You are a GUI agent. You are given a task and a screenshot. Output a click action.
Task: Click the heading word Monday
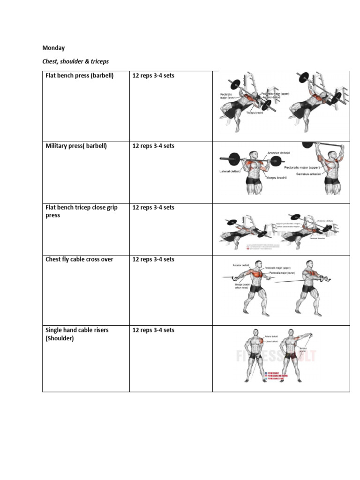click(x=53, y=48)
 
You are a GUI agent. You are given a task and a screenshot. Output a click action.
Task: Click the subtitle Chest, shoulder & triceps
click(x=75, y=61)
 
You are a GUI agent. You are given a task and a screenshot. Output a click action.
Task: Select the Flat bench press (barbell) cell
click(x=79, y=75)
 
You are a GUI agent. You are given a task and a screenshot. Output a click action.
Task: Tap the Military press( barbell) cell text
click(x=76, y=146)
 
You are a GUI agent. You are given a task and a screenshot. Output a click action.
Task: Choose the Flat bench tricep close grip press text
click(x=81, y=211)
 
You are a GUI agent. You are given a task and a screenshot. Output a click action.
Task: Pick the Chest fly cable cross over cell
click(x=79, y=259)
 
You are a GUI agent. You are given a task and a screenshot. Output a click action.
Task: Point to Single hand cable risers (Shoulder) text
click(x=76, y=334)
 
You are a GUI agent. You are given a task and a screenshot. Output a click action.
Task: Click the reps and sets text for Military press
click(x=153, y=146)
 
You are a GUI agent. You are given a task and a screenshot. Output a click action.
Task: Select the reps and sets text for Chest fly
click(x=153, y=259)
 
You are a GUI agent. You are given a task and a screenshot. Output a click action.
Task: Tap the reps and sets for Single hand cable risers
click(x=153, y=330)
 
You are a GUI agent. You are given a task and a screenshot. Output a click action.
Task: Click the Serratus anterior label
click(x=308, y=174)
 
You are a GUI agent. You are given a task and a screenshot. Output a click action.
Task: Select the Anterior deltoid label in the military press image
click(x=278, y=153)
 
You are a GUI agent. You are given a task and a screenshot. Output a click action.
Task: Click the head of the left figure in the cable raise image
click(x=256, y=333)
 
